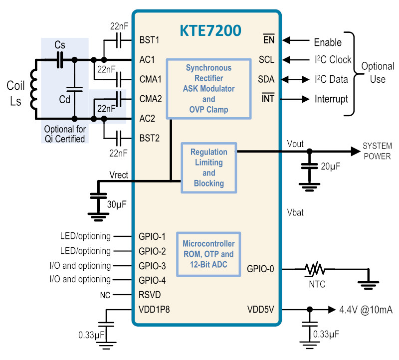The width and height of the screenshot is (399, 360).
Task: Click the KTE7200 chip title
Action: tap(210, 30)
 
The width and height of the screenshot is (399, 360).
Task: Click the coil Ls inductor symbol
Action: tap(34, 90)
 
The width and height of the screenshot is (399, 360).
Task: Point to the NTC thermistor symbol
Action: tap(315, 269)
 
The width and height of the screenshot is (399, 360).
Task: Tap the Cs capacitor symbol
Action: tap(60, 60)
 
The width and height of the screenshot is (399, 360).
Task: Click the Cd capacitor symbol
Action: tap(74, 89)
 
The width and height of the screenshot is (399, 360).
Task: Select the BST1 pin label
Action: tap(149, 40)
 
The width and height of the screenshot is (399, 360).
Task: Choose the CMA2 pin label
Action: tap(151, 99)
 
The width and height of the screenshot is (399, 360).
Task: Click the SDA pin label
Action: tap(266, 79)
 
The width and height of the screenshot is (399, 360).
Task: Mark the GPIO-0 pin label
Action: tap(260, 269)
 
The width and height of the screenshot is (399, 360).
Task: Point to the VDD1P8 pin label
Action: tap(154, 310)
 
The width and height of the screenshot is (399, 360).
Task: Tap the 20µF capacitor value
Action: tap(330, 167)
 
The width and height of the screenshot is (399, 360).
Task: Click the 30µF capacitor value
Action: tap(117, 204)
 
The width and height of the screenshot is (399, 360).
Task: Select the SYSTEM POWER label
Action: tap(377, 151)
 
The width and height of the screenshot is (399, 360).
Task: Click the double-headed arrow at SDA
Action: tap(295, 80)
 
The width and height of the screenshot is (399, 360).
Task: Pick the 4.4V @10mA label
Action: tap(366, 310)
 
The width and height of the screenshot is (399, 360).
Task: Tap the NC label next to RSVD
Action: tap(105, 295)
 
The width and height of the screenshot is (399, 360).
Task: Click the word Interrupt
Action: tap(331, 99)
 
